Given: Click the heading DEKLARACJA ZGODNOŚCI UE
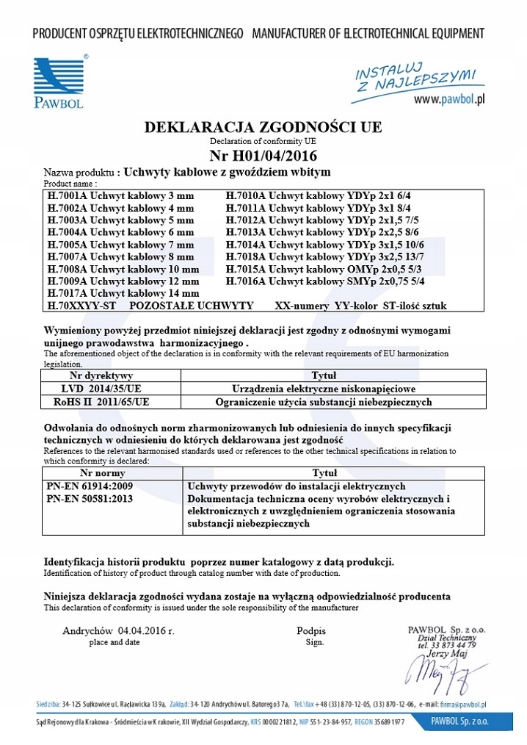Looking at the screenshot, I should coord(263,127).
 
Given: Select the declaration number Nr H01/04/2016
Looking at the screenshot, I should coord(263,155).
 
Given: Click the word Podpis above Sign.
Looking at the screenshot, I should coord(311,630).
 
